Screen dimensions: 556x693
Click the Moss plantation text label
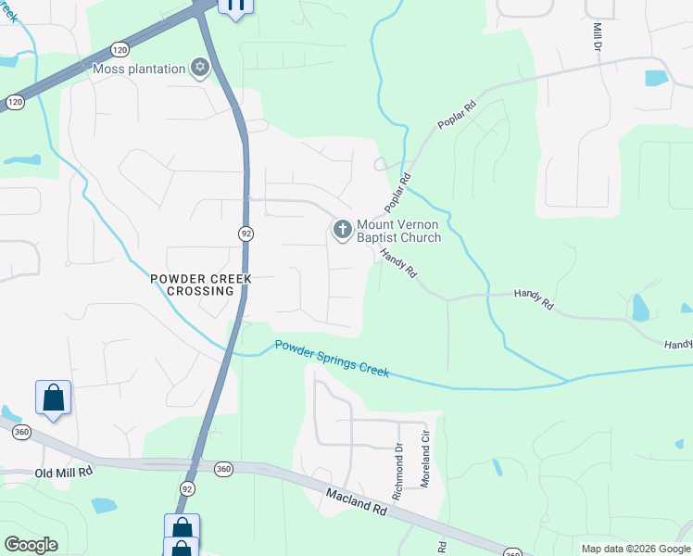point(139,68)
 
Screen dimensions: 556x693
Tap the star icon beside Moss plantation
point(199,67)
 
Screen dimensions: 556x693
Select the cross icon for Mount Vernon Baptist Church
point(343,229)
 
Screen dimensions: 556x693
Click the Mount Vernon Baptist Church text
point(398,231)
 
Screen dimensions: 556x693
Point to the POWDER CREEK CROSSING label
point(194,284)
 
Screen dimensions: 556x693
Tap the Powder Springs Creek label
point(332,360)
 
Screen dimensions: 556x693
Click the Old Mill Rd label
point(64,472)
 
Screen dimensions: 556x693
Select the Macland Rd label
point(356,501)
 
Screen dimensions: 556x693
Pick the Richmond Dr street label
point(397,473)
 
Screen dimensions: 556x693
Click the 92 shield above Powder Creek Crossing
point(245,234)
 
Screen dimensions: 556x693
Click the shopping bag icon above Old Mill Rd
point(54,398)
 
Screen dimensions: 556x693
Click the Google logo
point(31,545)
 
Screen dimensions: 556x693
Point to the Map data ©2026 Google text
point(635,549)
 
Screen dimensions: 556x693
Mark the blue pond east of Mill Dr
point(656,79)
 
